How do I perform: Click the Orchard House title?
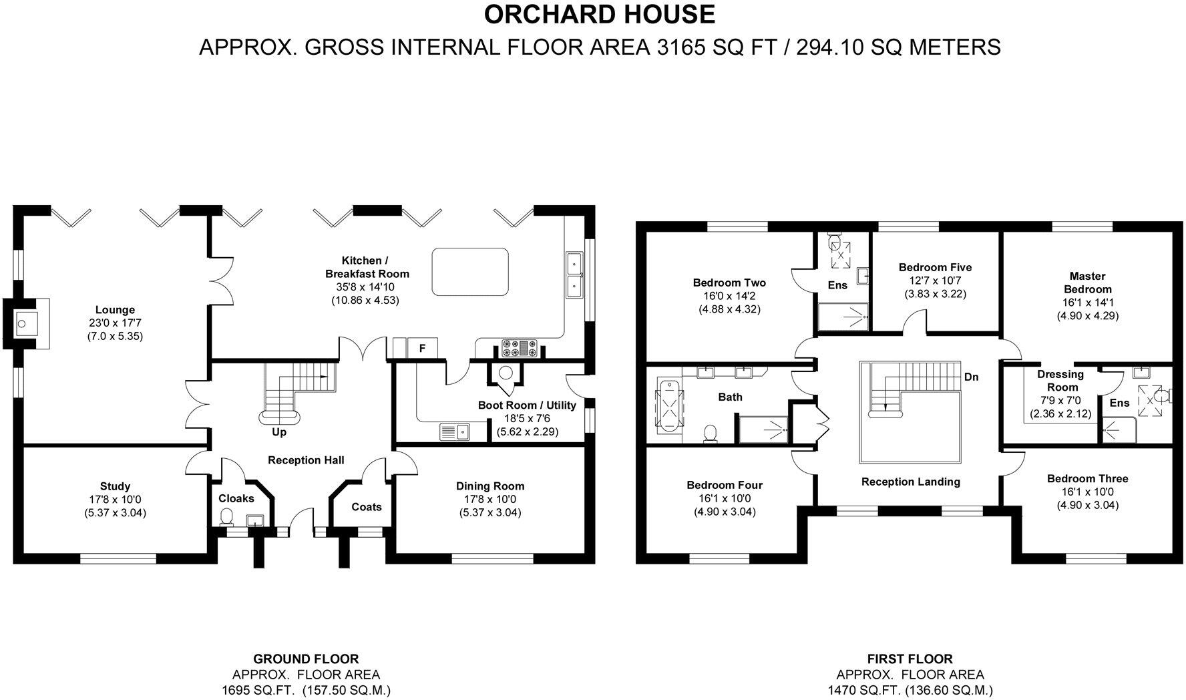click(599, 14)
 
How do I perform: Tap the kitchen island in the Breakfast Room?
click(470, 272)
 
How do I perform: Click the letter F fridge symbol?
click(422, 348)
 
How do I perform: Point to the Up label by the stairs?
click(279, 432)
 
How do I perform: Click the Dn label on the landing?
click(971, 377)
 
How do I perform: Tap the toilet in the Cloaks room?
click(227, 516)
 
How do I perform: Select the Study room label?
click(115, 486)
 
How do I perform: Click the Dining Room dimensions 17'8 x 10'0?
click(490, 500)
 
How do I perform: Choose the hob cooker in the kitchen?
click(520, 348)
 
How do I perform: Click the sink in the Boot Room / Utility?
click(455, 432)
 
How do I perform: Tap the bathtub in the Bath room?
click(668, 407)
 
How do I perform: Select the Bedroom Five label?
click(935, 267)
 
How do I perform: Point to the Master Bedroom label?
click(1087, 283)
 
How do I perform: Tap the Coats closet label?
click(367, 507)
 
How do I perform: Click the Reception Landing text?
click(910, 482)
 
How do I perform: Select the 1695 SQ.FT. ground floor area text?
click(257, 690)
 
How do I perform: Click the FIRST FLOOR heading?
click(910, 659)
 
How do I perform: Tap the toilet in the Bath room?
click(711, 432)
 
